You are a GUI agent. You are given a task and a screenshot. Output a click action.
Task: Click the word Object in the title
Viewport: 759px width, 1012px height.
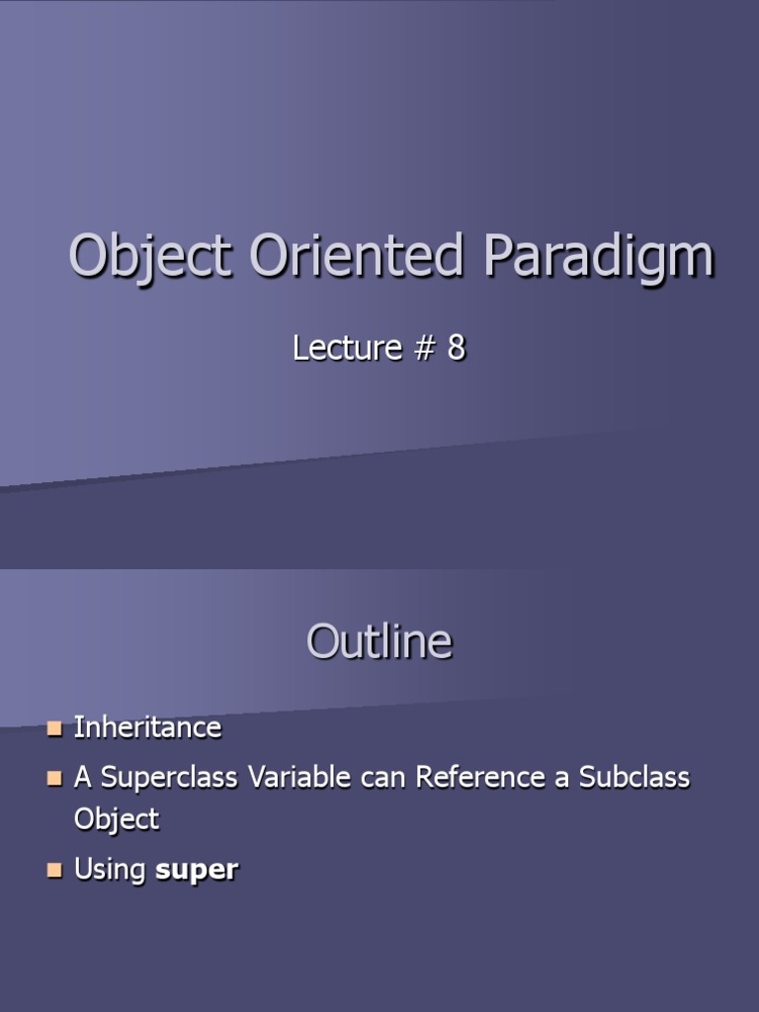click(x=149, y=257)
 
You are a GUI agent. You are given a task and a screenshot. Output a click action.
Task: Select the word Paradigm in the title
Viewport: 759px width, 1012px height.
click(x=598, y=257)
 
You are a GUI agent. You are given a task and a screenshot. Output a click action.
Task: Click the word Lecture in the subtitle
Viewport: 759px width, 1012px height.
click(x=347, y=348)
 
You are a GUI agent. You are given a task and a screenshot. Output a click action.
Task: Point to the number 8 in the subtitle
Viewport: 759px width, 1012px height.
click(x=455, y=348)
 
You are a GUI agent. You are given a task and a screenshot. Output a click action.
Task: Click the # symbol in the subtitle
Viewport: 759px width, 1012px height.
click(x=421, y=348)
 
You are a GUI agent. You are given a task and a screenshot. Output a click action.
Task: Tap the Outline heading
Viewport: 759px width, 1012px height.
click(x=379, y=642)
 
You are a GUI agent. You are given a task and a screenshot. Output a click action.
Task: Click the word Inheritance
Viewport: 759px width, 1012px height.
click(x=147, y=728)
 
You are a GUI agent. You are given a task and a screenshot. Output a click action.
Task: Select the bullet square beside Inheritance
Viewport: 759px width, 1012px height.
click(x=54, y=729)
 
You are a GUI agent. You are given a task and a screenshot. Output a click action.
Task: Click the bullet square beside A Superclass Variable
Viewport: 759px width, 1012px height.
click(x=54, y=779)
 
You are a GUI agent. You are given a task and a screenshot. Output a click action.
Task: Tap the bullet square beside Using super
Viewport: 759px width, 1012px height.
click(x=54, y=871)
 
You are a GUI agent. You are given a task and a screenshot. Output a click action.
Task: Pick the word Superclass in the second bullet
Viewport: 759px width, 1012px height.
click(x=170, y=778)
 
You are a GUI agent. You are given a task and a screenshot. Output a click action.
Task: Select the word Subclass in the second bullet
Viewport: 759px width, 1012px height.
click(x=634, y=778)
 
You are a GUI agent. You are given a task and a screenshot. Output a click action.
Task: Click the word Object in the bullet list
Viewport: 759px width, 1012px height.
click(x=117, y=819)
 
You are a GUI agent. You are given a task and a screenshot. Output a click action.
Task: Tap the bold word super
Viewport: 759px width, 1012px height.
click(x=197, y=871)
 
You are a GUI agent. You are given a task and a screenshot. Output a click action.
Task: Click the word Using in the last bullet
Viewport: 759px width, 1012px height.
click(x=111, y=871)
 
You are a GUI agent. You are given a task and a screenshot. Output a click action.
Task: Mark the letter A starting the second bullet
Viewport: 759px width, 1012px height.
click(x=82, y=778)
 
